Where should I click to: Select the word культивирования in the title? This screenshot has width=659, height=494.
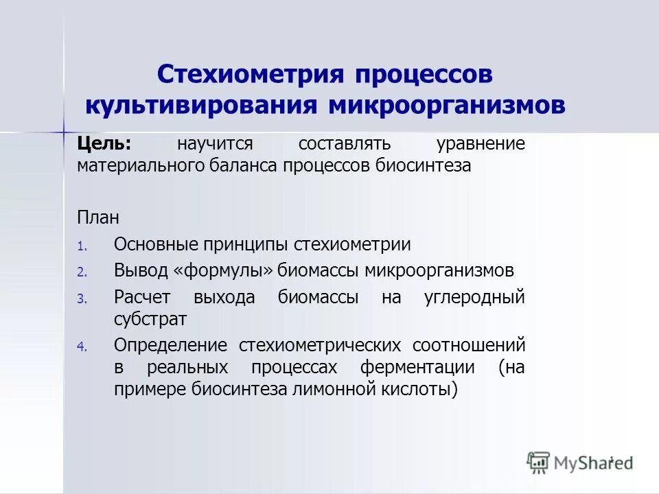click(x=201, y=106)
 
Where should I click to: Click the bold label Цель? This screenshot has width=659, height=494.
click(x=104, y=144)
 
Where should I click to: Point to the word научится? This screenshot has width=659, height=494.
click(x=216, y=144)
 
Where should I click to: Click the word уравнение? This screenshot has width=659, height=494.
click(x=481, y=144)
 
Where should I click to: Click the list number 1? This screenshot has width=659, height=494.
click(x=80, y=246)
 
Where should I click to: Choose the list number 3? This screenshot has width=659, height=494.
click(x=80, y=299)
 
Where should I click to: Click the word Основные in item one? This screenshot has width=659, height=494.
click(x=155, y=244)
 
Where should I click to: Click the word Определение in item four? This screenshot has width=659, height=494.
click(x=171, y=344)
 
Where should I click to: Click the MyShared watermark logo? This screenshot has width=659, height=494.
click(x=580, y=462)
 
